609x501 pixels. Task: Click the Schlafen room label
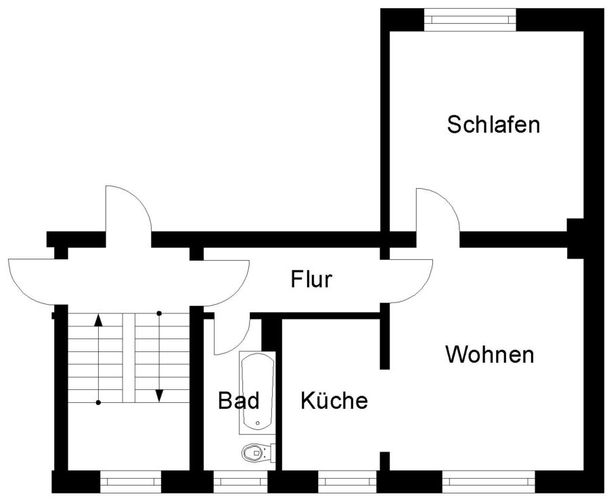pos(493,125)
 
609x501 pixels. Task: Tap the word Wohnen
pos(489,354)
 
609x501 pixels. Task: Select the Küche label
pos(334,401)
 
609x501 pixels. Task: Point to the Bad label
pos(238,401)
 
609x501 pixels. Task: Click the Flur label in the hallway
pos(311,279)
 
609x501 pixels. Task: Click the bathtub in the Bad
pos(258,392)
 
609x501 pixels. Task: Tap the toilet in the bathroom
pos(254,452)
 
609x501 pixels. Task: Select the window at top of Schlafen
pos(470,18)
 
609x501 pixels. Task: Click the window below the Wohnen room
pos(489,481)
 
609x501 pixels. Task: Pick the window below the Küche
pos(347,481)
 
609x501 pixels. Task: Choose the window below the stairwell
pos(131,481)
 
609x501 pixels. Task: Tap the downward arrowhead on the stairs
pos(160,395)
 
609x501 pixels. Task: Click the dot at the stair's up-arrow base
pos(99,403)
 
